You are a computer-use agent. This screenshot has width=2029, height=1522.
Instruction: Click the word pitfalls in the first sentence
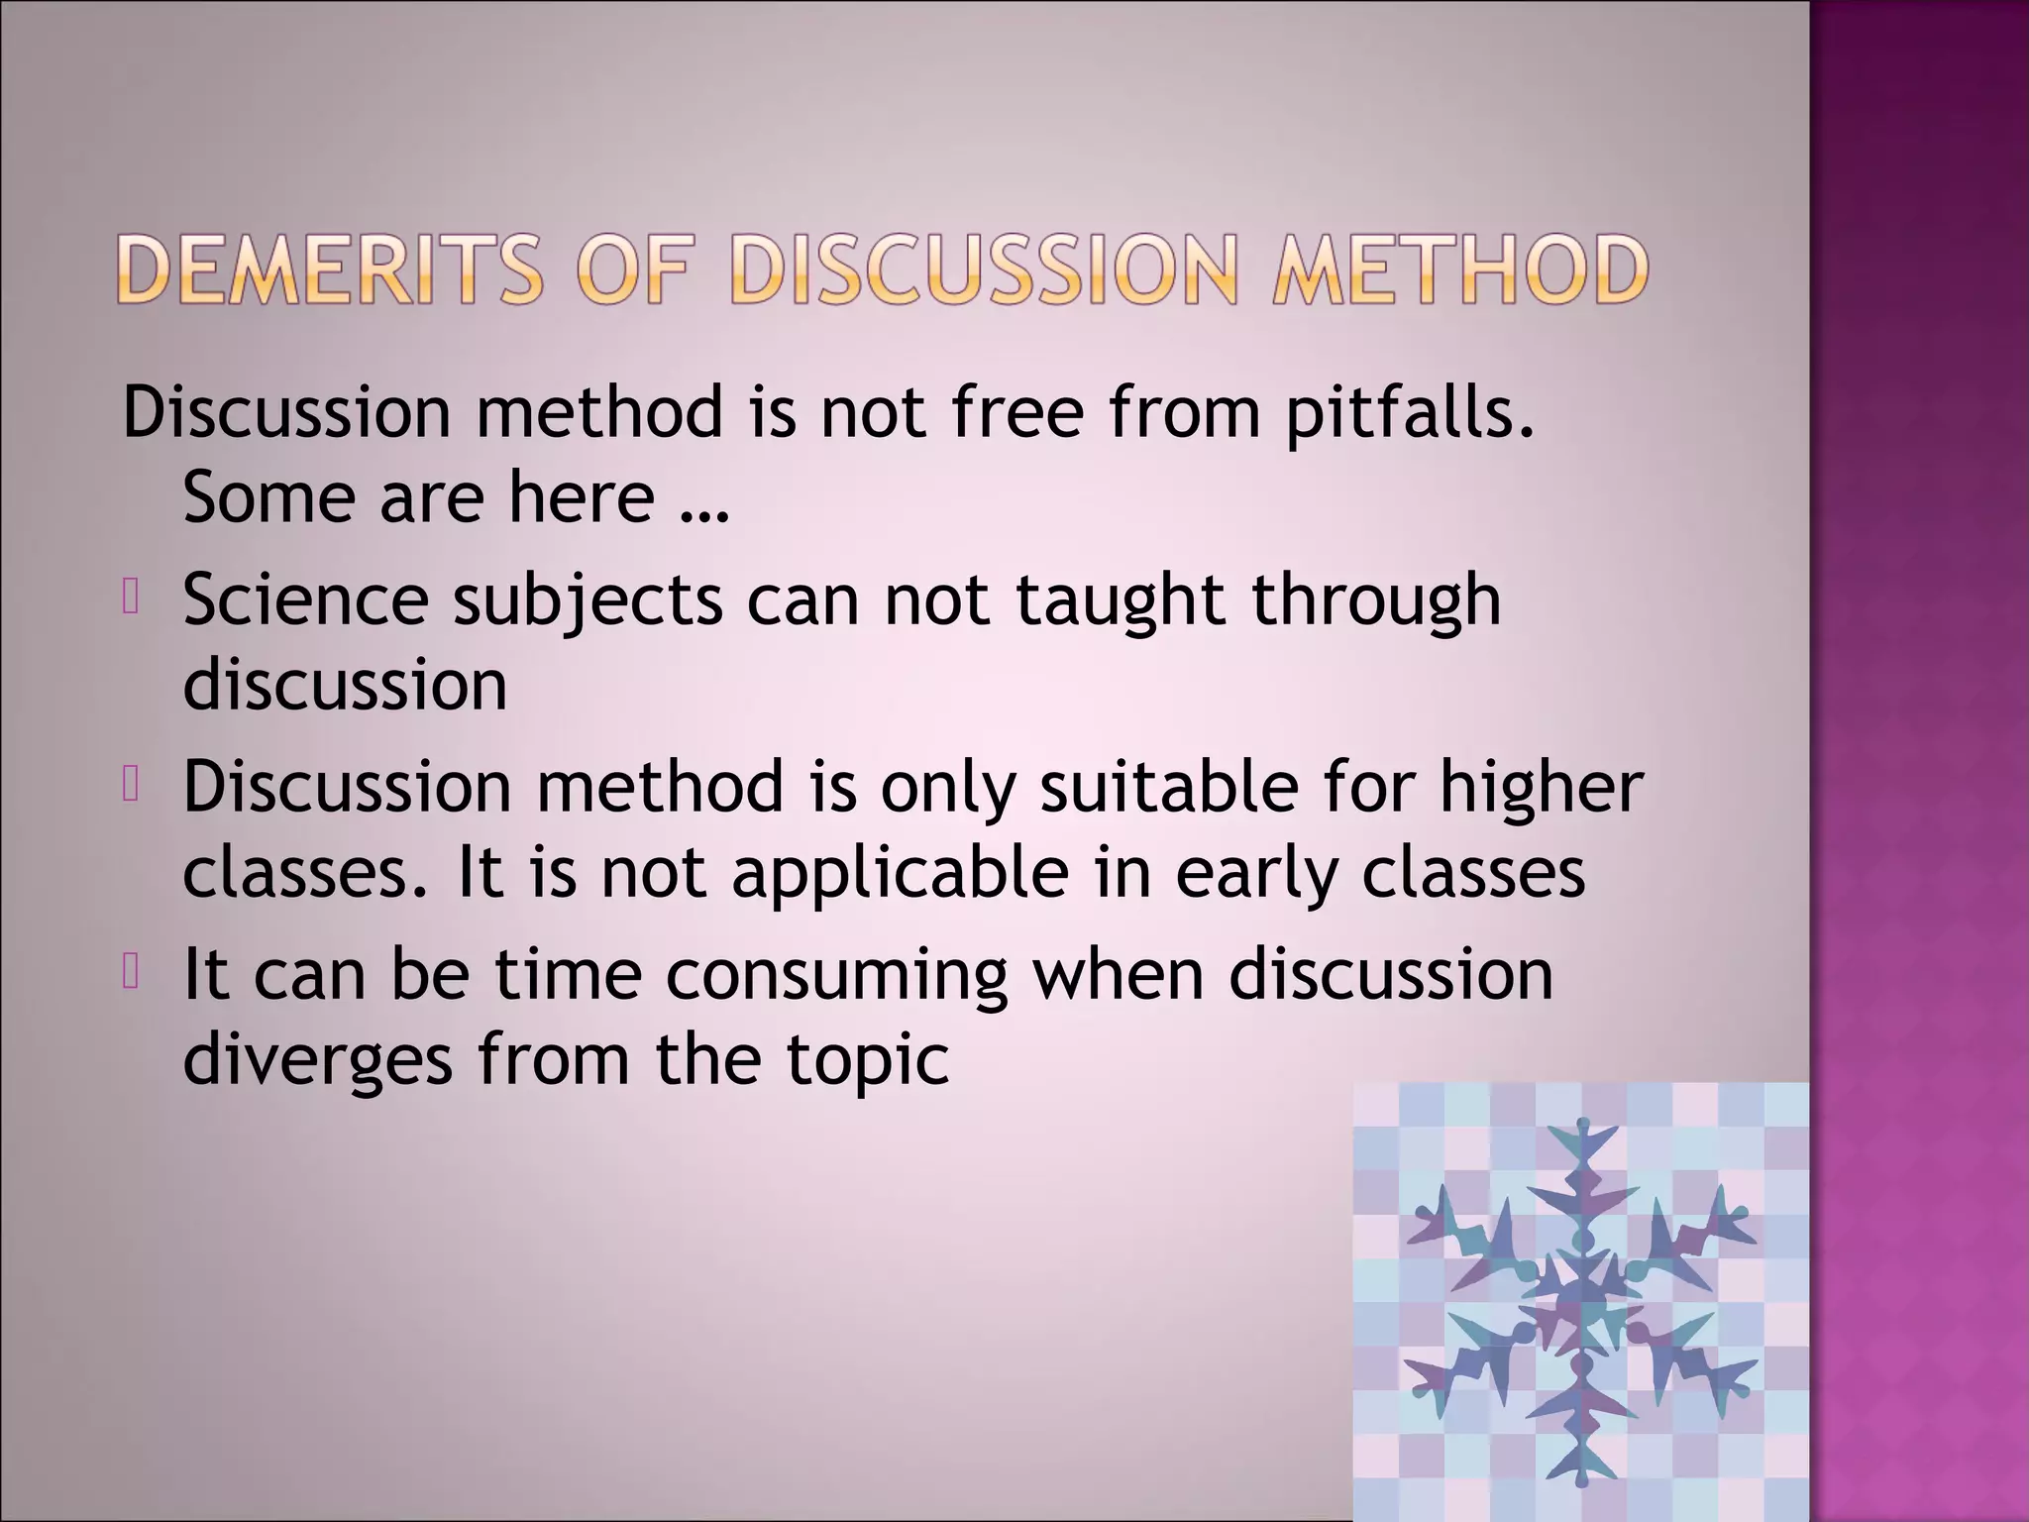click(x=1409, y=412)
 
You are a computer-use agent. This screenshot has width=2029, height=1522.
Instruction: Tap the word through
click(x=1376, y=602)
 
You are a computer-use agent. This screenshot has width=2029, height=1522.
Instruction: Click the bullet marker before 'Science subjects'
click(x=130, y=598)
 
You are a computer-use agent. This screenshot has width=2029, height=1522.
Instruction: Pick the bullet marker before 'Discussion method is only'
click(x=130, y=785)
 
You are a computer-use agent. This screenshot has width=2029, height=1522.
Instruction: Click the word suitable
click(x=1168, y=787)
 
